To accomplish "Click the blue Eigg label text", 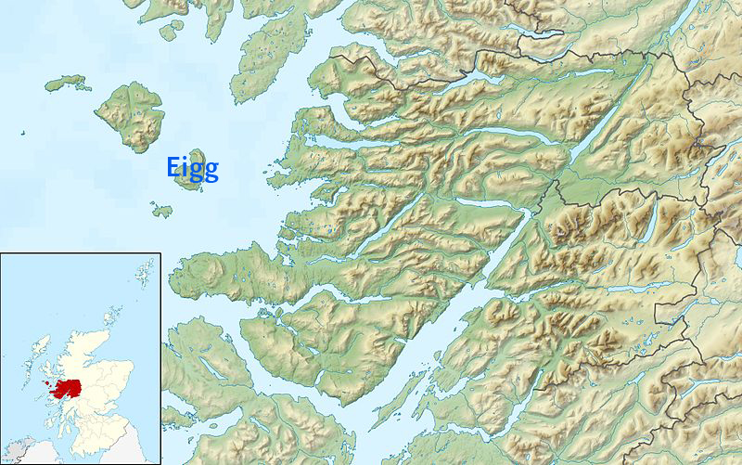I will point(193,168).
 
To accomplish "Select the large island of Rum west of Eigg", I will point(131,115).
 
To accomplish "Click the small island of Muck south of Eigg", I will point(161,210).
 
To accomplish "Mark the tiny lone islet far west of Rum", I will point(19,133).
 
